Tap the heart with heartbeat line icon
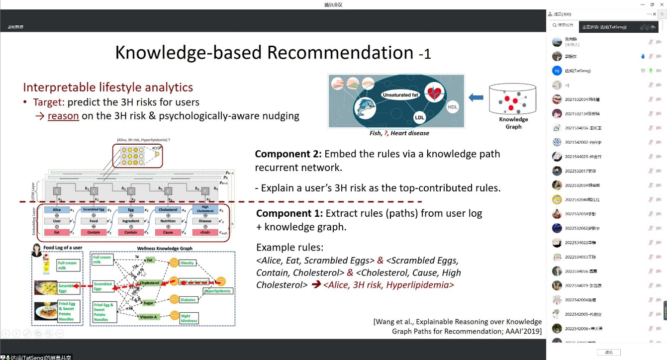click(434, 92)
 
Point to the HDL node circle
click(452, 106)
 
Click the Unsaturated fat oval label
click(400, 94)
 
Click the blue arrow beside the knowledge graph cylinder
click(476, 98)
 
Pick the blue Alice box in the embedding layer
click(57, 210)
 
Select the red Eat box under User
click(57, 232)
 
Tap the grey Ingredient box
click(131, 221)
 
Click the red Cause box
click(168, 232)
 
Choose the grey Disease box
click(205, 221)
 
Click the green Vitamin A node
click(149, 317)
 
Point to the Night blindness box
click(188, 318)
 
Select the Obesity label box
click(187, 263)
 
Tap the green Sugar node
click(149, 303)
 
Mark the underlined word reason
click(63, 116)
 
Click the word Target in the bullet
click(49, 102)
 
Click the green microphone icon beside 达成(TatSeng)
click(651, 71)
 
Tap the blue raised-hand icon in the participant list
click(643, 56)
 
